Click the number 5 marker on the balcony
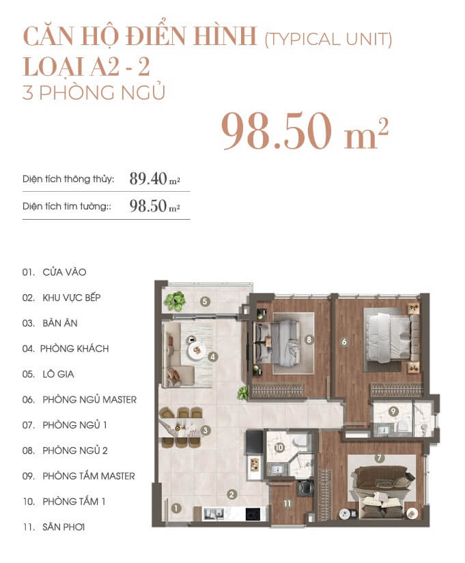pos(205,301)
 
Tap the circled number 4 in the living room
pos(213,357)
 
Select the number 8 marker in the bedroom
pos(309,339)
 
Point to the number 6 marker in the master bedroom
pos(344,342)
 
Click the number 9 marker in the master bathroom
pos(393,412)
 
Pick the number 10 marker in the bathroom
pos(279,448)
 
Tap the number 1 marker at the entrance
pos(176,508)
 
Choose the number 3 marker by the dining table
pos(206,430)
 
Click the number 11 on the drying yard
pos(287,504)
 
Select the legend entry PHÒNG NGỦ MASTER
pos(89,400)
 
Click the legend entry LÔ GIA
pos(58,374)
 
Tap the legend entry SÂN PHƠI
pos(64,527)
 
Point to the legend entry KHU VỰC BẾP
pos(72,298)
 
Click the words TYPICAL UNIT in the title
pos(328,39)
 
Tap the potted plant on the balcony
pos(175,300)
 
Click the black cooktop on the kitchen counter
pos(252,514)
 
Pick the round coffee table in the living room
pos(197,349)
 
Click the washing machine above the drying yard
pos(306,488)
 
